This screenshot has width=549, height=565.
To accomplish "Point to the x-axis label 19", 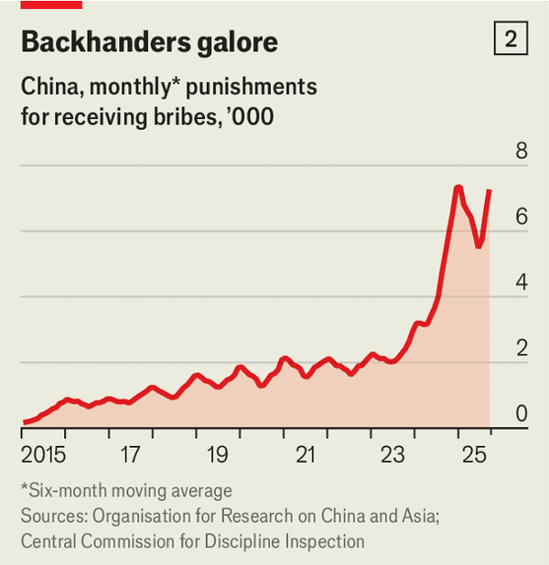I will point(217,454).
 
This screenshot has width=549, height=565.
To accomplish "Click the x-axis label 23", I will point(393,454).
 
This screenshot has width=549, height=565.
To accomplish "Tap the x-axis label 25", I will point(479,454).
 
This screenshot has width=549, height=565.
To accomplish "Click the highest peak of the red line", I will point(457,187).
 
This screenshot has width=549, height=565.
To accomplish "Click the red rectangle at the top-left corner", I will point(51,4).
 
